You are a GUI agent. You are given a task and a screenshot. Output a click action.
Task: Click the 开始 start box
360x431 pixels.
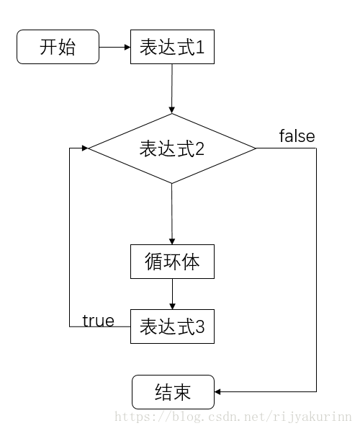[58, 47]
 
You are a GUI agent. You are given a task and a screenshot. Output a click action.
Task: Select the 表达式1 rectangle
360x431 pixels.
[172, 47]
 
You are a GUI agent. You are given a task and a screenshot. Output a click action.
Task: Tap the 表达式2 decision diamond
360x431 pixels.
[172, 148]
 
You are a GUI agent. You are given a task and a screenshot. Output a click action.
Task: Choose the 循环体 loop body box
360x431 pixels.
[172, 262]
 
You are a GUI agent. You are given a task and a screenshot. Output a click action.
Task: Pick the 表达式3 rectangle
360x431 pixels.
[172, 326]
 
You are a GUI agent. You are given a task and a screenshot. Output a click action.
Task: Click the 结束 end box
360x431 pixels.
[173, 392]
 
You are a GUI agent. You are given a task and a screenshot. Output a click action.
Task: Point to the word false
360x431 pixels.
[297, 135]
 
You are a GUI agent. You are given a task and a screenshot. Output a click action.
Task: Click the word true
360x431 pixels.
[99, 321]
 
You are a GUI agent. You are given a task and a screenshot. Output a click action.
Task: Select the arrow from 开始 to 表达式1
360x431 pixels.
[114, 47]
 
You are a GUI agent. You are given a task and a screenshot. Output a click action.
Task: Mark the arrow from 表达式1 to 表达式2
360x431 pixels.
[172, 89]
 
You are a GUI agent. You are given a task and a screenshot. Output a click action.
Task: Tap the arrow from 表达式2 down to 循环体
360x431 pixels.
[172, 214]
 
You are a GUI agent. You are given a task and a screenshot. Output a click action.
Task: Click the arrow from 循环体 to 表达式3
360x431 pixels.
[172, 294]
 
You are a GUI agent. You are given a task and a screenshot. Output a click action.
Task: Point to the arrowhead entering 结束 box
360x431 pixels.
[217, 391]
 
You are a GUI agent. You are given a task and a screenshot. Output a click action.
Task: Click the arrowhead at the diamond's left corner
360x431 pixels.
[85, 148]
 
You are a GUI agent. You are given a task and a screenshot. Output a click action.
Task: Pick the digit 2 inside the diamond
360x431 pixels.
[199, 148]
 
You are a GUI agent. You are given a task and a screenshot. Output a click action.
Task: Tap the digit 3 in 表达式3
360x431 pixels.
[199, 326]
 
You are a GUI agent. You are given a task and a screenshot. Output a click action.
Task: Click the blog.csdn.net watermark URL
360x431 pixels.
[233, 417]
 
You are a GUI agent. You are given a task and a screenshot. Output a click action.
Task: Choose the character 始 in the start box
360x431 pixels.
[67, 47]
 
